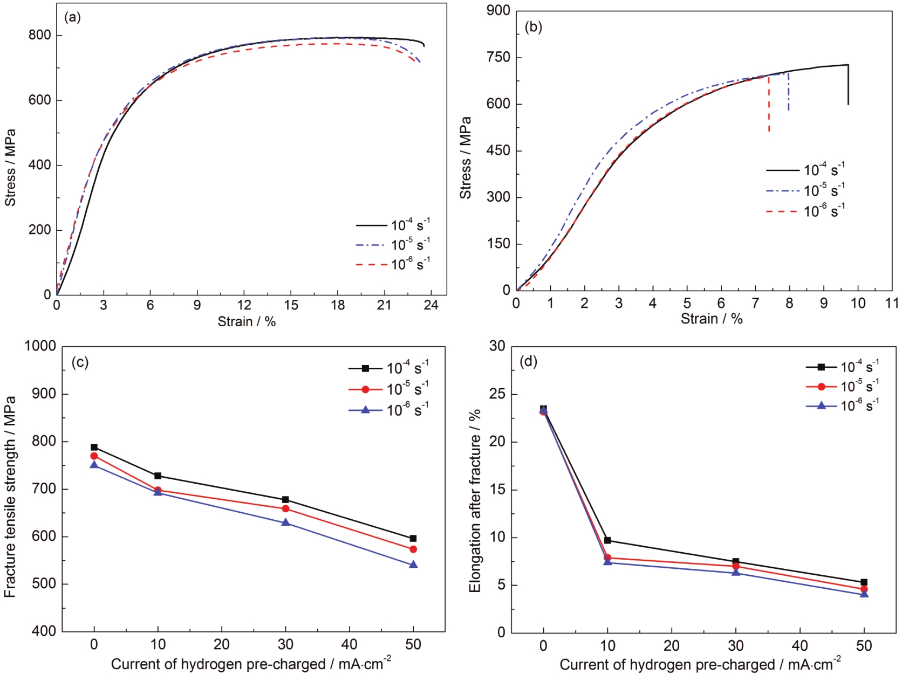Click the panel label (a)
click(72, 17)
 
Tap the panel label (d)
click(528, 361)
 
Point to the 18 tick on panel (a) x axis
click(338, 305)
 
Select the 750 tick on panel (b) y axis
click(498, 58)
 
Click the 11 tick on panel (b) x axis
click(892, 302)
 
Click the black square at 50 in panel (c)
click(413, 538)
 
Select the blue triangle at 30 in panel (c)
click(285, 522)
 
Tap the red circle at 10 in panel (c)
click(158, 490)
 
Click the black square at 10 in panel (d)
click(607, 540)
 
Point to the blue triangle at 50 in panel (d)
click(864, 594)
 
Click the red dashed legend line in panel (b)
click(782, 212)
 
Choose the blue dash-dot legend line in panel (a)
click(372, 245)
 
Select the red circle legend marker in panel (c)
click(365, 389)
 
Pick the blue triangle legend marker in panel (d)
click(822, 405)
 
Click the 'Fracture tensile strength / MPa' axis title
click(10, 496)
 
